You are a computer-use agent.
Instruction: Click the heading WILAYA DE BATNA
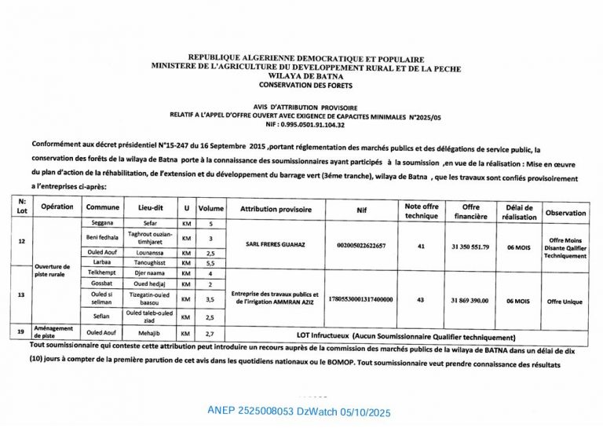click(x=306, y=76)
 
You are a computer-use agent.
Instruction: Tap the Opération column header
click(x=57, y=207)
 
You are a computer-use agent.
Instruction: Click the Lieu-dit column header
click(x=149, y=208)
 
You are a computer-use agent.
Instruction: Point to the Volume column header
click(x=210, y=209)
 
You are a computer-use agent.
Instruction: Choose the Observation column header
click(x=565, y=213)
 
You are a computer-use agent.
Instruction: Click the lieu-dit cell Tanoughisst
click(x=149, y=265)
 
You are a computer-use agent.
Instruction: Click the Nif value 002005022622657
click(x=361, y=245)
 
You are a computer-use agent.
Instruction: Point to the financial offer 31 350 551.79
click(x=470, y=246)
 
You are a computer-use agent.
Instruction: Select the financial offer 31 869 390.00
click(x=470, y=300)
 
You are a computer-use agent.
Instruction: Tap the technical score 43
click(x=421, y=300)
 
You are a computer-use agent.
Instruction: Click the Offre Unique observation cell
click(x=565, y=300)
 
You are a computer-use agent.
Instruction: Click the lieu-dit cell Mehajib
click(x=149, y=333)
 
